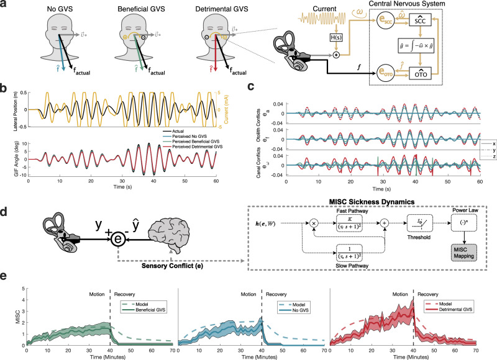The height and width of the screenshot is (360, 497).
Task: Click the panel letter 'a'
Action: [x=6, y=6]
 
